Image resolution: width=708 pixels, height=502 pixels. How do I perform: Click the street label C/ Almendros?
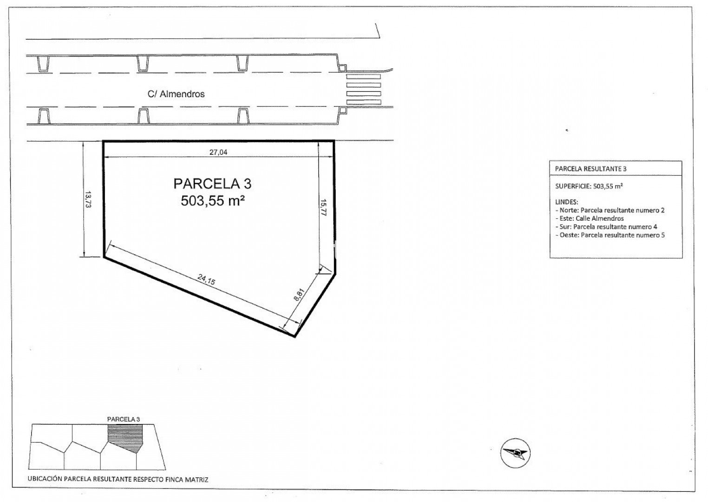coord(176,94)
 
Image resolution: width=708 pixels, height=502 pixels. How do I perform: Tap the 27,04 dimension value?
coord(218,152)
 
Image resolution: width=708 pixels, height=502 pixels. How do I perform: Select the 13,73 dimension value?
coord(88,199)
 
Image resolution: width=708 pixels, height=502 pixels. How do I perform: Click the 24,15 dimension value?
coord(206,279)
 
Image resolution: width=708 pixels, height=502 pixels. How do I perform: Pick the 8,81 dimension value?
coord(299,295)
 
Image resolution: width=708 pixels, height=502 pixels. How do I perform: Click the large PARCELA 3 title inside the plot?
coord(212,184)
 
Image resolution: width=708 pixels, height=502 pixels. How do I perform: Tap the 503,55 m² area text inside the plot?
coord(213,200)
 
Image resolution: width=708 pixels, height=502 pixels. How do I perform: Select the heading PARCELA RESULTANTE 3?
coord(591,169)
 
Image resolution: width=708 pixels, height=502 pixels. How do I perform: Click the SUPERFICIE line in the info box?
coord(589,186)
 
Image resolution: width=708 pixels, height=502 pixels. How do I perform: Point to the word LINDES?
coord(567,202)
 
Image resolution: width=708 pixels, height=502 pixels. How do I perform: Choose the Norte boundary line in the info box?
coord(610,210)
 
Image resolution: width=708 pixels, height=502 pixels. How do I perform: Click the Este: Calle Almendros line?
coord(590,218)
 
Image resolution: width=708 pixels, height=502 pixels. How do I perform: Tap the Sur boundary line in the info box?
coord(606,227)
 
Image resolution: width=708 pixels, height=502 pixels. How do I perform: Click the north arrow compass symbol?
coord(516,453)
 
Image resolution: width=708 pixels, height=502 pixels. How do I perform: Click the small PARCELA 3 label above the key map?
coord(124,419)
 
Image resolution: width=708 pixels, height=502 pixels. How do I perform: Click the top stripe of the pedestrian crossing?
coord(363,76)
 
